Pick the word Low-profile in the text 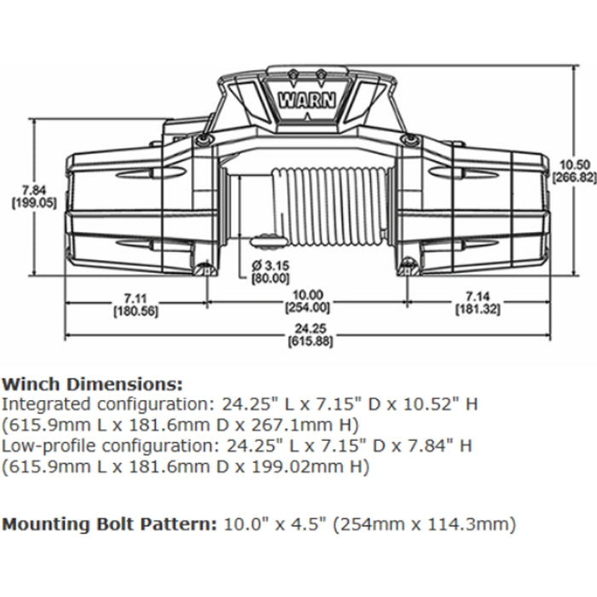pyautogui.click(x=42, y=445)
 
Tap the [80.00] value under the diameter pyautogui.click(x=270, y=278)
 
